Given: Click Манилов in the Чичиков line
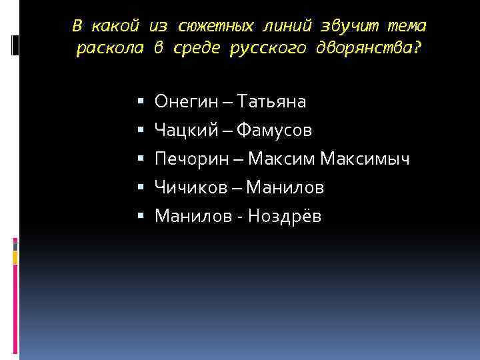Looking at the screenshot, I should click(x=285, y=188).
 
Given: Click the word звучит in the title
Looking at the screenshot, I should click(x=347, y=27).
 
